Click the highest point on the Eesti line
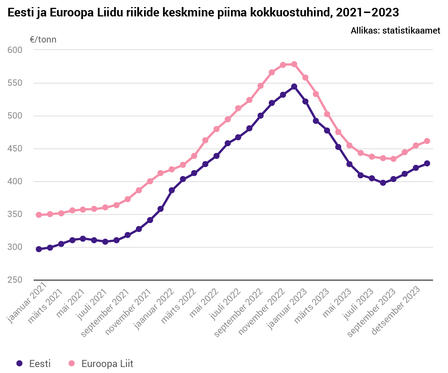coord(294,87)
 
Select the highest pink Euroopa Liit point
coord(294,64)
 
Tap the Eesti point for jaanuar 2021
coord(39,249)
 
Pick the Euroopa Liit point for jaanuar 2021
coord(39,215)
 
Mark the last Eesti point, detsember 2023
coord(427,163)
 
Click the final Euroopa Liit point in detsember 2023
coord(427,141)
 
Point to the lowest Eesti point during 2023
coord(383,183)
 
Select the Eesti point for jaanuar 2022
coord(172,190)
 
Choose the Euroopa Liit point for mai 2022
coord(216,129)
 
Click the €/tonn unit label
coord(43,40)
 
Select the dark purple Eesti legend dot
coord(20,363)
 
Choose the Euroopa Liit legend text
coord(107,364)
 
